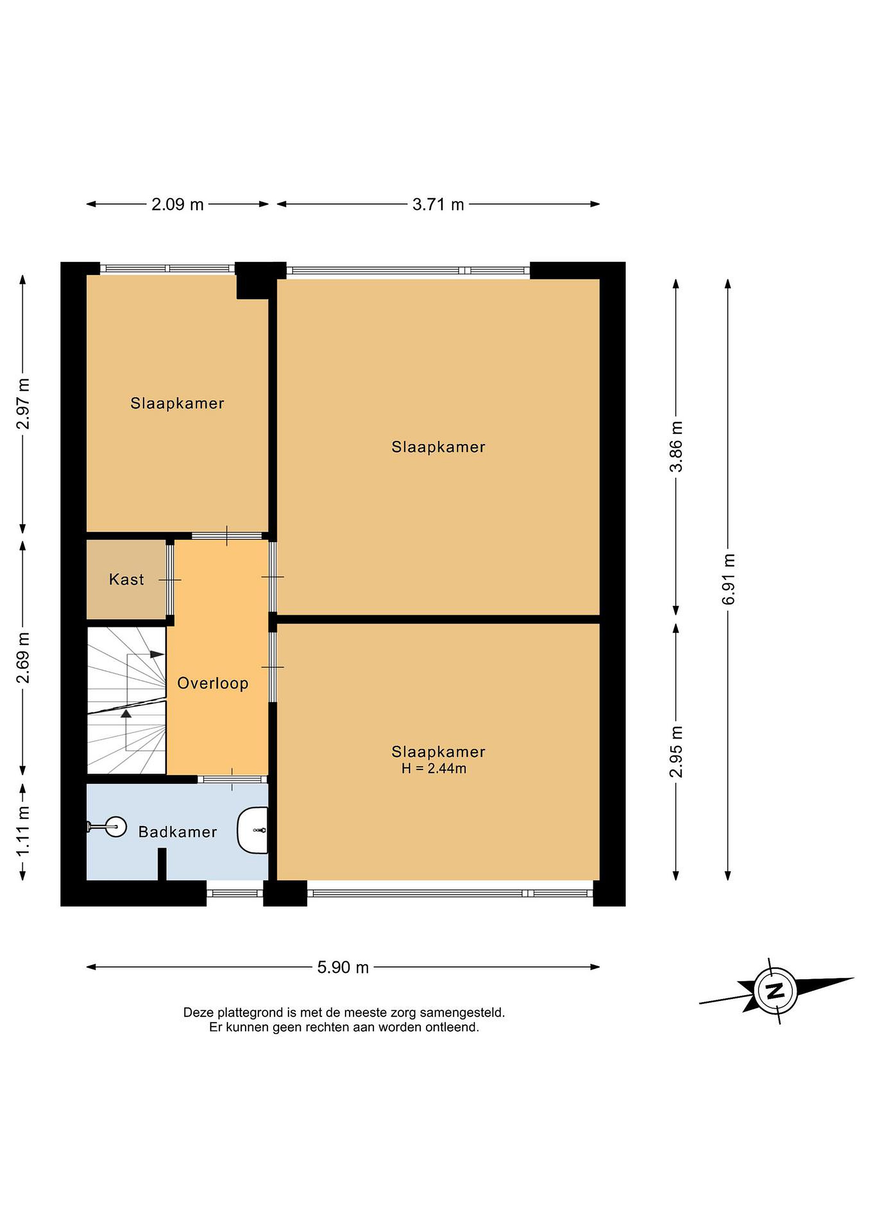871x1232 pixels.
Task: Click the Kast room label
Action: [127, 580]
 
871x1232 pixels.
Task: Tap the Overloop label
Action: [213, 684]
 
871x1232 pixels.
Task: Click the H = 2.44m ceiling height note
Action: [434, 768]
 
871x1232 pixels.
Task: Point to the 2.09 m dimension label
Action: [177, 204]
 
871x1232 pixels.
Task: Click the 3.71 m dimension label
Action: [438, 204]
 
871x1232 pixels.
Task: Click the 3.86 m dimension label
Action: [676, 447]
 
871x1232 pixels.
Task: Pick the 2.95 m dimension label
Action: [676, 752]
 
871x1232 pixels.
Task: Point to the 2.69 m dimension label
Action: [23, 658]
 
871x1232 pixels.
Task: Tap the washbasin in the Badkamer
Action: [253, 831]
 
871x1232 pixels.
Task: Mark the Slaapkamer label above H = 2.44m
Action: [438, 752]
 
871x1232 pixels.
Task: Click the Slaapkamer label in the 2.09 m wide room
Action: [177, 403]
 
